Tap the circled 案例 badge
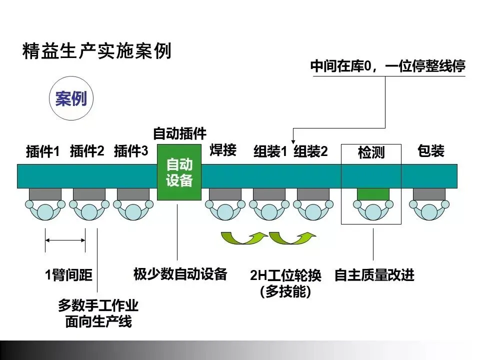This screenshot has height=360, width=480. point(71,99)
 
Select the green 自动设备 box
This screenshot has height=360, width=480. point(179,172)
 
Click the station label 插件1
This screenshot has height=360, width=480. point(42,151)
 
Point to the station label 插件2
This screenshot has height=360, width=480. point(87,151)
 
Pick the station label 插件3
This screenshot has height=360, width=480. point(131,151)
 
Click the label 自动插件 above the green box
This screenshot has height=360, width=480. point(179,133)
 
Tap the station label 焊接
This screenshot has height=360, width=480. point(223,150)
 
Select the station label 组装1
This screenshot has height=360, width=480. point(270,151)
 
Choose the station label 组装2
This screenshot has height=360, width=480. point(310,151)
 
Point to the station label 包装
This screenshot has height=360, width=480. point(430,151)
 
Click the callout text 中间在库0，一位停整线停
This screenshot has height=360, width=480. point(387,66)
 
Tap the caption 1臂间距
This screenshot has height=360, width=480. point(69,275)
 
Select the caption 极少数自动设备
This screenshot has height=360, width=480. point(180,274)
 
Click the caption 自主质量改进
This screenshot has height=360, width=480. point(374,275)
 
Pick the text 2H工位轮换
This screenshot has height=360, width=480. point(285,275)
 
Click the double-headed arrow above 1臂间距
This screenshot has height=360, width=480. point(65,240)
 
